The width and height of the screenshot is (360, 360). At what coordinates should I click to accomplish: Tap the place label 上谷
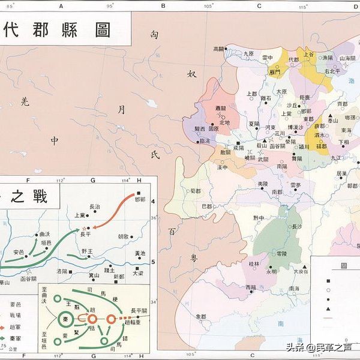[309, 54]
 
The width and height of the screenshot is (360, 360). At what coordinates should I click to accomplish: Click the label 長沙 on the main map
[296, 227]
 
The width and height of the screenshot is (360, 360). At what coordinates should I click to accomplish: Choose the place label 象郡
[200, 316]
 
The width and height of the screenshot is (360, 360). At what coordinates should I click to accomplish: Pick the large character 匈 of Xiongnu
[155, 35]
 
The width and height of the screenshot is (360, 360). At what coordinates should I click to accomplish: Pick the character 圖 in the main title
[103, 31]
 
